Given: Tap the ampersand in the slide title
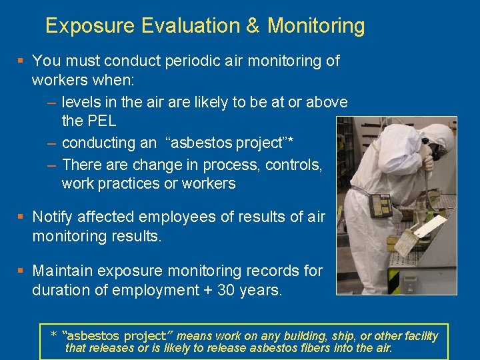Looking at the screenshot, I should tap(252, 26).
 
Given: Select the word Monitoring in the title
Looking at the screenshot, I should tap(316, 26).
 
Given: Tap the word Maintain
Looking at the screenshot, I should tap(63, 271).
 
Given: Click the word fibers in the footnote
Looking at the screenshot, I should tap(299, 348).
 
